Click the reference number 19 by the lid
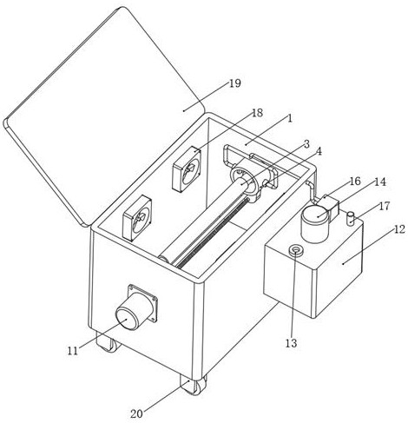(235, 83)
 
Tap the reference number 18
(257, 113)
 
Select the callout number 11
(73, 351)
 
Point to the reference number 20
(136, 413)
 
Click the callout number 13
(292, 343)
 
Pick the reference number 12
(399, 229)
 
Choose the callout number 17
(385, 206)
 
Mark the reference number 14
(380, 182)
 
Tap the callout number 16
(355, 182)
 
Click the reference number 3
(306, 144)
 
